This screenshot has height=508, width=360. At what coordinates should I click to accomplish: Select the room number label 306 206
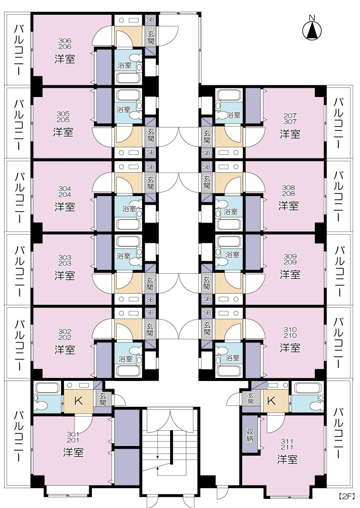[64, 43]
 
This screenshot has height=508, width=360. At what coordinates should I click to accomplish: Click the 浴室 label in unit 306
[124, 65]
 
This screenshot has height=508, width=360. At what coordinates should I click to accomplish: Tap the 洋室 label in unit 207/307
[290, 134]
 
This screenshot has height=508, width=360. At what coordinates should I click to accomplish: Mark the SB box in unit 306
[150, 19]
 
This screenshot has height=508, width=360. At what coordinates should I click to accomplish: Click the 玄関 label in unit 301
[103, 399]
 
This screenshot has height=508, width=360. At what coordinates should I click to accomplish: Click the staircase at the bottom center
[168, 447]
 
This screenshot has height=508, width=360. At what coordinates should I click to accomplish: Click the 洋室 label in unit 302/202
[64, 350]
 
